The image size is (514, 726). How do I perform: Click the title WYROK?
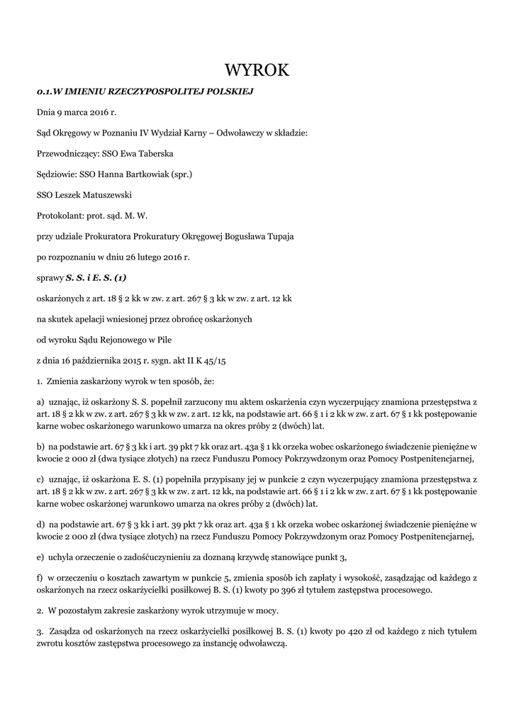257,69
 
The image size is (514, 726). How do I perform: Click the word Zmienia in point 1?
65,381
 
